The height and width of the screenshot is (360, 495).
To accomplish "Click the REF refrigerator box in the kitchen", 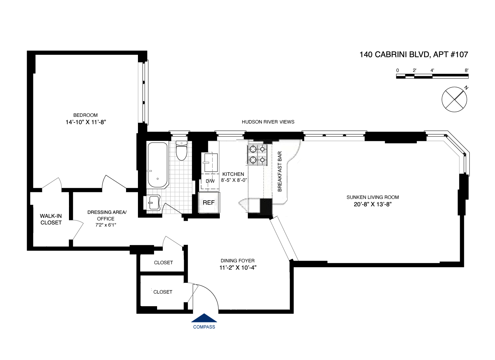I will (x=209, y=203).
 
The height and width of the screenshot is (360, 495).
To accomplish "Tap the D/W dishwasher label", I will (x=210, y=181).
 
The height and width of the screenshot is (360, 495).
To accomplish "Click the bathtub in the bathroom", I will (x=157, y=165).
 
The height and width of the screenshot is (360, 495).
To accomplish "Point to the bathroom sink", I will (x=153, y=202).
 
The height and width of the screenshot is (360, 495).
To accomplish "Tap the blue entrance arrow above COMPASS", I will (x=204, y=318).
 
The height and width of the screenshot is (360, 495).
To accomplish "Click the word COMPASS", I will (x=204, y=327).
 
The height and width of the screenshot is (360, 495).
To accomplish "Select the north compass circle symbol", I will (x=454, y=99).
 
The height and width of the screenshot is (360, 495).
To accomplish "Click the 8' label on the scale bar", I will (x=466, y=70).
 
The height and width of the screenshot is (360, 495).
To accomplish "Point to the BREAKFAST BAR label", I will (x=280, y=171).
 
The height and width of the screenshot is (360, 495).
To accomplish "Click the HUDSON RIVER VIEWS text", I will (x=268, y=122).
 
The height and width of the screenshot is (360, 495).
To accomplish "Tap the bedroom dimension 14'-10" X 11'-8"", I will (x=85, y=122).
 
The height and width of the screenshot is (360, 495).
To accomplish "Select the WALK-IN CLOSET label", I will (x=51, y=219).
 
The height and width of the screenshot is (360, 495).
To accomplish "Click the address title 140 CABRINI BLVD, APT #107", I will (x=413, y=54).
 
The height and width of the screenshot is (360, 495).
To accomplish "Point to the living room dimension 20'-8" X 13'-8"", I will (x=373, y=204).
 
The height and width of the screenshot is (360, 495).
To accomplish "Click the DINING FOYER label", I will (x=238, y=261).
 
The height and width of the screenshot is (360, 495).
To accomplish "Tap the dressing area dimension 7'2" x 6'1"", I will (x=106, y=225).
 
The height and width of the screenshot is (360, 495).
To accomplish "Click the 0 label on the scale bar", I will (x=398, y=70).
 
